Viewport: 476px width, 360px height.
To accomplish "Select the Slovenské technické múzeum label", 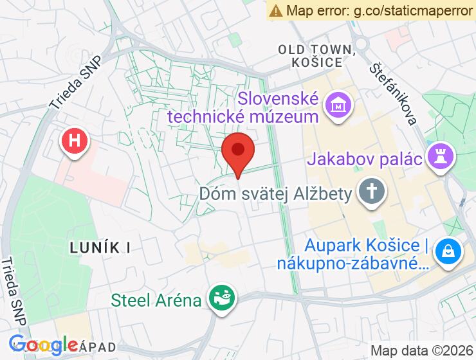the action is pyautogui.click(x=279, y=108).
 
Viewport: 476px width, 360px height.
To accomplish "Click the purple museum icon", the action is pyautogui.click(x=336, y=104).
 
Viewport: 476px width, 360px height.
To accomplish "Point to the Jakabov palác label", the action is pyautogui.click(x=367, y=158).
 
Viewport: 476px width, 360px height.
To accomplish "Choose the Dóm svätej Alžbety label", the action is pyautogui.click(x=276, y=194).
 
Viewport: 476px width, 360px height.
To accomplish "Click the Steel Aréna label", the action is pyautogui.click(x=157, y=300).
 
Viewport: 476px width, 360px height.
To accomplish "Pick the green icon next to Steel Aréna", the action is pyautogui.click(x=221, y=299).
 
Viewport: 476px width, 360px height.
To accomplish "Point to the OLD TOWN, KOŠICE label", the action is pyautogui.click(x=316, y=56).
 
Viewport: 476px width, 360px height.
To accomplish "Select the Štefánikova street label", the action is pyautogui.click(x=394, y=93).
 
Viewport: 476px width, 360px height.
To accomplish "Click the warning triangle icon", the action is pyautogui.click(x=277, y=10).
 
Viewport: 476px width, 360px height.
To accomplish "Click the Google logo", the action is pyautogui.click(x=43, y=346).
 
